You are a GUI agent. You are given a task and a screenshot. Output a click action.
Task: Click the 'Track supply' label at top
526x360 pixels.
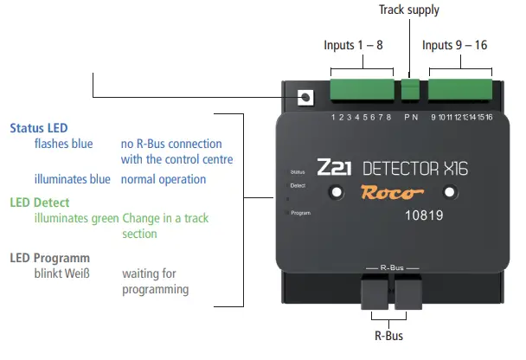coord(409,10)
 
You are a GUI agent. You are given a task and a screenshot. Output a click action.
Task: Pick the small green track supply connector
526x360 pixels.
coord(410,89)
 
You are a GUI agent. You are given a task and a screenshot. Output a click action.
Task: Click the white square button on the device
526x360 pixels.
coord(305,99)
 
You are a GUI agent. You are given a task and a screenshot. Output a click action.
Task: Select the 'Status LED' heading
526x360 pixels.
coord(39,128)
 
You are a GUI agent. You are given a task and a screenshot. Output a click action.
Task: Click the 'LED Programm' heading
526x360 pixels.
coord(49,258)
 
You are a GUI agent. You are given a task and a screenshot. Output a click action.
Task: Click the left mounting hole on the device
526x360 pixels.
coord(332,192)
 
